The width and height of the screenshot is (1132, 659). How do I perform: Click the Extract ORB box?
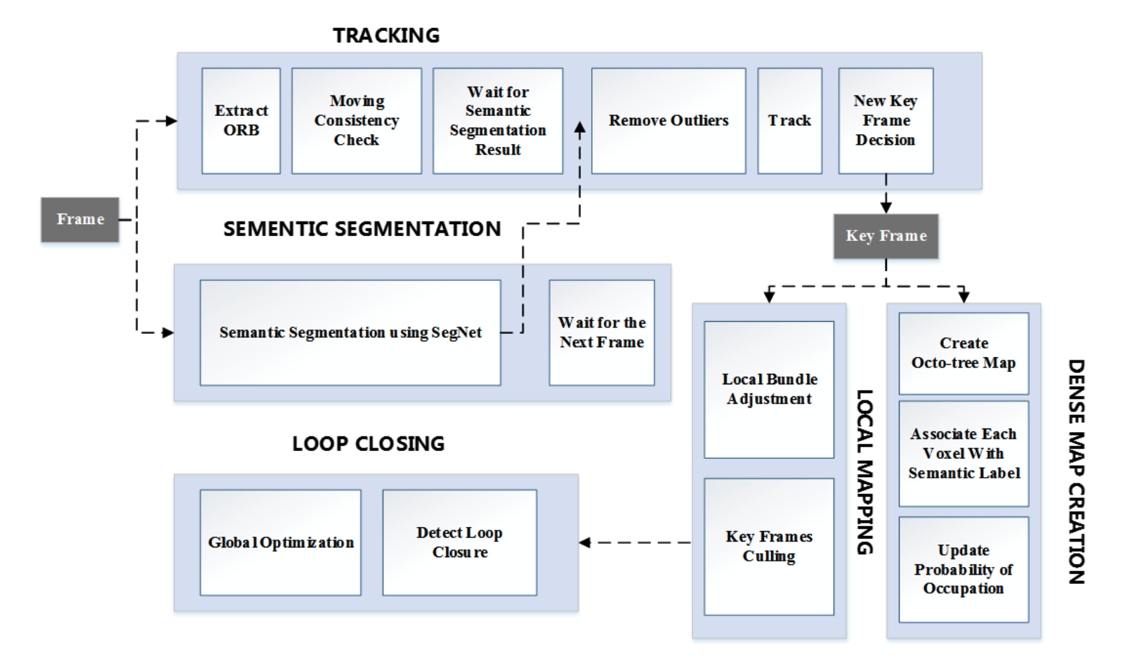point(241,121)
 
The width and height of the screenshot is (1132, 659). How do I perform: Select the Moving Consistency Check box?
point(357,121)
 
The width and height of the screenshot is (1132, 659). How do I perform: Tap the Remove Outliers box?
point(668,121)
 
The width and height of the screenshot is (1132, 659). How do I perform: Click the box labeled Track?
point(789,121)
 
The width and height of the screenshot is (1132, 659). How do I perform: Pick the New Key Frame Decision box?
point(886,121)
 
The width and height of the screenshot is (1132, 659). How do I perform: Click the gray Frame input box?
point(80,219)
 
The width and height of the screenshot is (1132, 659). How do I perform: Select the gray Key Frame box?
point(886,236)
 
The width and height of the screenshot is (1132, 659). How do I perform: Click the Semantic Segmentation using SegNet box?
point(350,332)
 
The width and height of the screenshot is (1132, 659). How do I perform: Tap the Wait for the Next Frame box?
point(601,332)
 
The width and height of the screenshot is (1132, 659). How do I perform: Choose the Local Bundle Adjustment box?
point(769,389)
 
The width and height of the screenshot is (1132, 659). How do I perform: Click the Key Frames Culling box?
point(769,547)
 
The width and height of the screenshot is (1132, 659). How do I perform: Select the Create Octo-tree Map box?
point(963,353)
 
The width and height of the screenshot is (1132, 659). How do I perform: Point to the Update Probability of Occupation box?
point(963,569)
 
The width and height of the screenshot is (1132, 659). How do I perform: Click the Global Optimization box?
point(280,542)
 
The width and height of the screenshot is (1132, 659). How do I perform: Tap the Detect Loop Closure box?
point(459,542)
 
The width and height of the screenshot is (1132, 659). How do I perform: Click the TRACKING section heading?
point(386,35)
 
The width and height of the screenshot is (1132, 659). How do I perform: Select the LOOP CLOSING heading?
point(368,444)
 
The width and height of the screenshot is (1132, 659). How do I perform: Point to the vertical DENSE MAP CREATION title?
point(1076,471)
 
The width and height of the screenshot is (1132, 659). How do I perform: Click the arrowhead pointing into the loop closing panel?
point(585,542)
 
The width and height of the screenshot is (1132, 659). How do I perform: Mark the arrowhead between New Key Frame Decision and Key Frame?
point(886,207)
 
